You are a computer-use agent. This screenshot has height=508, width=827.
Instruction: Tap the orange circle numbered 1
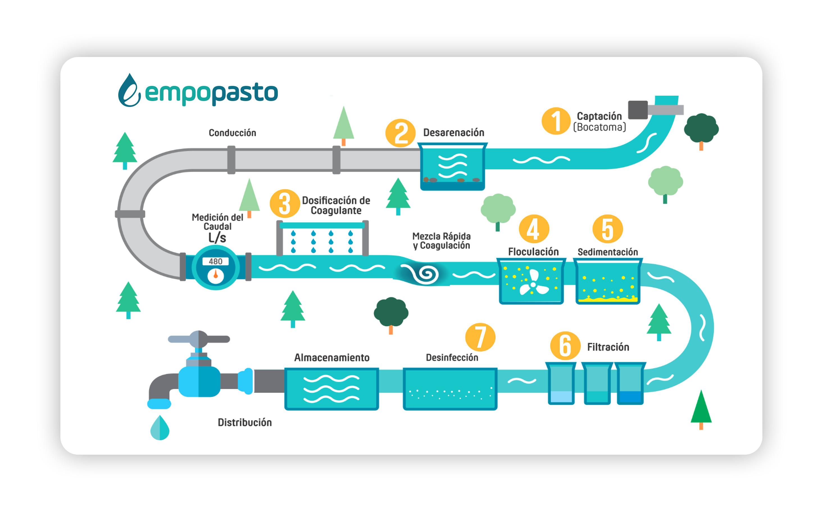pos(556,121)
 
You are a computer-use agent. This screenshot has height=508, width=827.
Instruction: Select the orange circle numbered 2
pos(400,133)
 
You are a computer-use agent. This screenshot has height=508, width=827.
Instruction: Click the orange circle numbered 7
pos(480,337)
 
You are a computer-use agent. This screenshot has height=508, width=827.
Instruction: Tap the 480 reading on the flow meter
pos(215,261)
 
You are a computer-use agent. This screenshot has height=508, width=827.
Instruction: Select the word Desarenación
pos(453,133)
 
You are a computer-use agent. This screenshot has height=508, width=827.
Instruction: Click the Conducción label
pos(232,133)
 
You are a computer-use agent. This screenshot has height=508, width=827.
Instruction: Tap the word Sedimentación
pos(608,252)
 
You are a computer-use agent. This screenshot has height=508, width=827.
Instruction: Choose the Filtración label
pos(608,347)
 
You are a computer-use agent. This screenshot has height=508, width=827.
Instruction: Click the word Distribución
pos(245,423)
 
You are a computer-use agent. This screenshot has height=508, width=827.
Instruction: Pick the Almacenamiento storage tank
pos(331,389)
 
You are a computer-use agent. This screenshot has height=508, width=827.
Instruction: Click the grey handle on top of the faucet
pos(199,339)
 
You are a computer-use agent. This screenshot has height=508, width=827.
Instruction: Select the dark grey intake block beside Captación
pos(638,110)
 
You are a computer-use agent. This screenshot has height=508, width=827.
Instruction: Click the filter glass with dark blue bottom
pos(630,383)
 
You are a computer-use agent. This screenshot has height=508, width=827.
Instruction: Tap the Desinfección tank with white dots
pos(450,389)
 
